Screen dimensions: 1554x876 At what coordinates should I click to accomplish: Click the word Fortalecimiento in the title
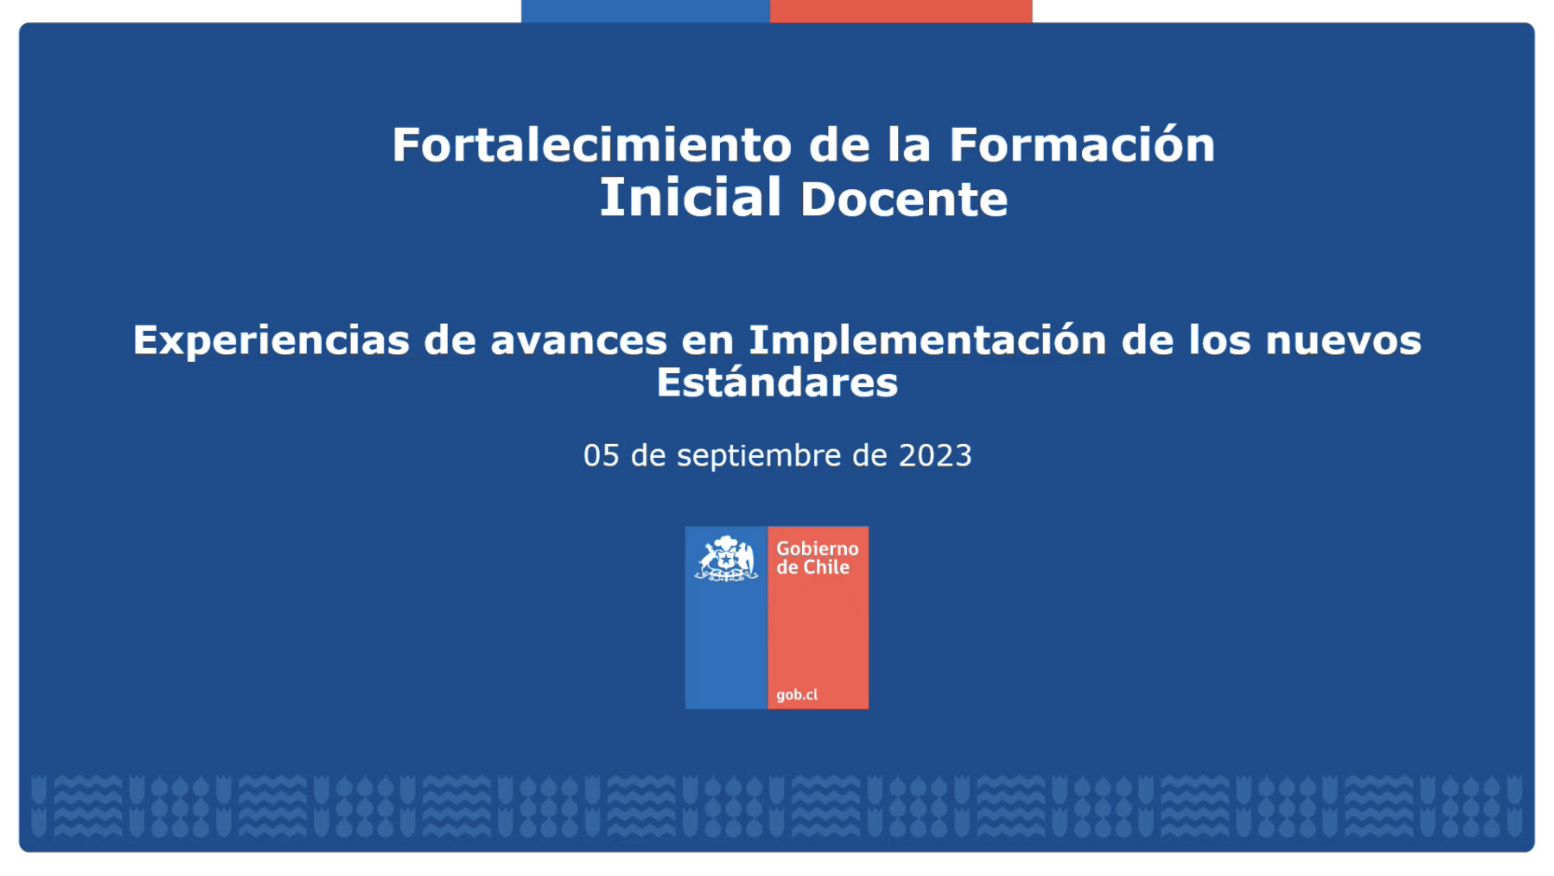coord(592,145)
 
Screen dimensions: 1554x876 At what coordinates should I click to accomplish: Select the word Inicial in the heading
coord(690,197)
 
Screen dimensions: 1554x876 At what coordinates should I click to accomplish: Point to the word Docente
coord(904,199)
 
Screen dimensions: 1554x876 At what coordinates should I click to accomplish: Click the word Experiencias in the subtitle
coord(271,341)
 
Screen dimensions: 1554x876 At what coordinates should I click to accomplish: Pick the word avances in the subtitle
coord(579,341)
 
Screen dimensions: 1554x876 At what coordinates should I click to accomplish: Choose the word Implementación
coord(927,341)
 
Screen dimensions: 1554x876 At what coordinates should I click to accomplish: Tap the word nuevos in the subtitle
coord(1344,341)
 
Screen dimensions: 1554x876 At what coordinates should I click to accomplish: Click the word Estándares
coord(777,382)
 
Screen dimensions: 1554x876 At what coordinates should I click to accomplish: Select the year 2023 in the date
coord(935,455)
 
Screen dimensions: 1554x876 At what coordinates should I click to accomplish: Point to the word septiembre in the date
coord(759,457)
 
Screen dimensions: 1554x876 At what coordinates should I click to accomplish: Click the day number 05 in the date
coord(601,455)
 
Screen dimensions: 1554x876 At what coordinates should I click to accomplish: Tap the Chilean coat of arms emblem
coord(726,558)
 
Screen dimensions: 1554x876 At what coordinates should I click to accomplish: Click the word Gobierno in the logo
coord(817,548)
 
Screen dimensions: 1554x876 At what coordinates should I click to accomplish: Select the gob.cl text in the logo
coord(797,694)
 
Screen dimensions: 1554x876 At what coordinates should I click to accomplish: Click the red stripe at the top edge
coord(901,11)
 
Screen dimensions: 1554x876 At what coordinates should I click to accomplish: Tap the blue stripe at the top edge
coord(645,11)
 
